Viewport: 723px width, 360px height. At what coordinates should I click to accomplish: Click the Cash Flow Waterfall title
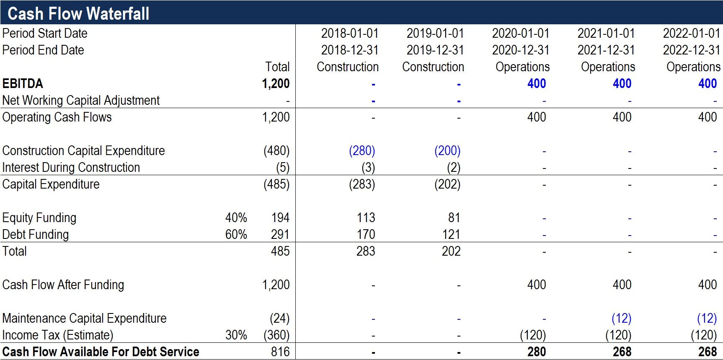click(78, 13)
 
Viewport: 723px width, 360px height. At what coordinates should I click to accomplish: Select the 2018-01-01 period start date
click(350, 33)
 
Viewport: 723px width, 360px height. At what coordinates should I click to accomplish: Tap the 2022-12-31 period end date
click(692, 50)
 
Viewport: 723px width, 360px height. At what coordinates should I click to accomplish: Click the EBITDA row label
click(23, 83)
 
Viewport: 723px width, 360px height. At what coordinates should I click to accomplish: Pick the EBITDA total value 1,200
click(276, 83)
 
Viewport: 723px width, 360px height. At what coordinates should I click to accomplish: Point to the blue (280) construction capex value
click(362, 150)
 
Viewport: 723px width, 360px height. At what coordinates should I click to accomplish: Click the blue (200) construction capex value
click(447, 150)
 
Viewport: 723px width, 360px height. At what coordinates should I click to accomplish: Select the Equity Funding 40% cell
click(236, 218)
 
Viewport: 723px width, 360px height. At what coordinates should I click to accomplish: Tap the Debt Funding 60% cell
click(236, 234)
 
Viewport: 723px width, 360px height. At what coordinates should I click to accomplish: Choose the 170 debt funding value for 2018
click(366, 234)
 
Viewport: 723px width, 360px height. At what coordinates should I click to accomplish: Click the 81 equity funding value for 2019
click(454, 218)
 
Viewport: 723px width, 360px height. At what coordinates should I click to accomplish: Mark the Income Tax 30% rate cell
click(236, 335)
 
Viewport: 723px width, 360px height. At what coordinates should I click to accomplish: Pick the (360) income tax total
click(276, 335)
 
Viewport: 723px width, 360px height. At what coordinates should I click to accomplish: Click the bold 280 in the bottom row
click(537, 352)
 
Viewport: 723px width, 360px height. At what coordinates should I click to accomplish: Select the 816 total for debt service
click(280, 352)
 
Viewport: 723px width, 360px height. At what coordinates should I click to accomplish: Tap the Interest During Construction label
click(71, 167)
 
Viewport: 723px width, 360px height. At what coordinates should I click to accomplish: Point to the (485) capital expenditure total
click(276, 184)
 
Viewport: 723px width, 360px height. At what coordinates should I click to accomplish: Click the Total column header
click(277, 67)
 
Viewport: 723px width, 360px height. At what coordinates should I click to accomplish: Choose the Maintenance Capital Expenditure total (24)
click(279, 318)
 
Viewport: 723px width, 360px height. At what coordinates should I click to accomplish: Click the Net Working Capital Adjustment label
click(81, 100)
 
